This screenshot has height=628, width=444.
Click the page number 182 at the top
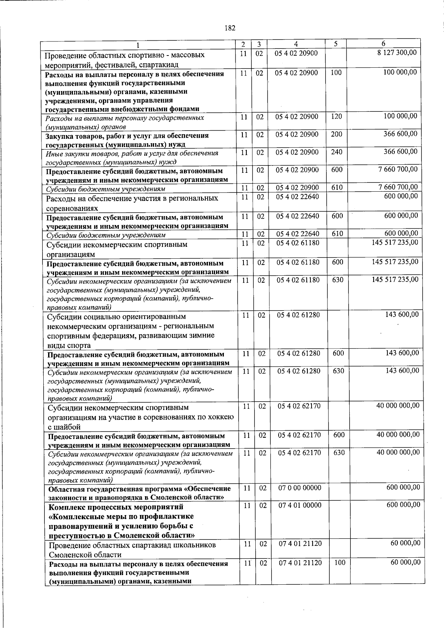tap(230, 28)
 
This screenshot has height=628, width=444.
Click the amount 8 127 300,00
tap(397, 53)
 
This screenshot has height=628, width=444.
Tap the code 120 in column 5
tap(336, 117)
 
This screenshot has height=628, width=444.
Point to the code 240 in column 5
tap(336, 152)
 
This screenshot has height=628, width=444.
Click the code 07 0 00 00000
tap(299, 488)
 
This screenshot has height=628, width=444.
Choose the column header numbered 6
tap(384, 43)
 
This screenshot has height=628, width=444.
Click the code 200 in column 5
tap(336, 134)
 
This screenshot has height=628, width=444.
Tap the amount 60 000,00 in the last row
tap(406, 562)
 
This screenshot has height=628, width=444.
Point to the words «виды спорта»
tap(69, 346)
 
